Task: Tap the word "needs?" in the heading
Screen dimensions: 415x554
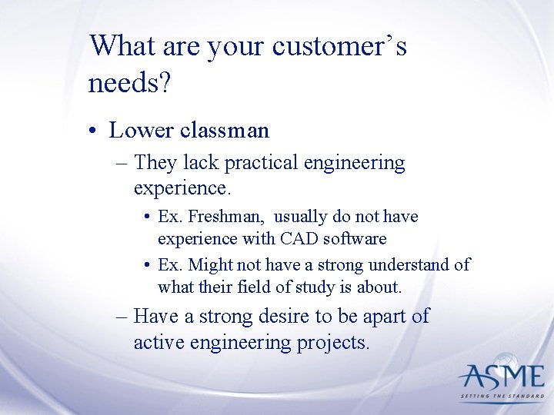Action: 129,82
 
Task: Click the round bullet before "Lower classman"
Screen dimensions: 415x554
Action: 92,131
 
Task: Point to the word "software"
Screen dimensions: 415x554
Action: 356,239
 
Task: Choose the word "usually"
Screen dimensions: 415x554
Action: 302,217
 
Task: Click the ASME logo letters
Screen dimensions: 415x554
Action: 501,376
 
